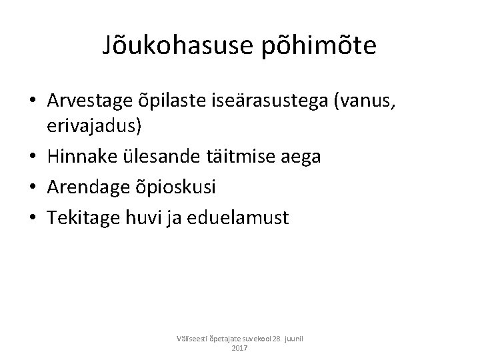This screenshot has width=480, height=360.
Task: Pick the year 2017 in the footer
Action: [239, 348]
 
